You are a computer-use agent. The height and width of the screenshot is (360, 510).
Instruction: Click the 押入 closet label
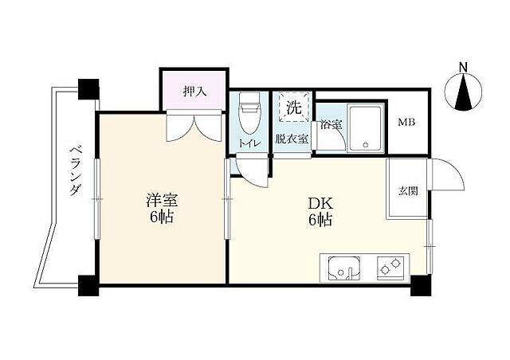194,92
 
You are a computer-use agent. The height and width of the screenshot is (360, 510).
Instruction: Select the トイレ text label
248,143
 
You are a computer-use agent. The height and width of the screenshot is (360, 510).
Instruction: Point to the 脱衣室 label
291,139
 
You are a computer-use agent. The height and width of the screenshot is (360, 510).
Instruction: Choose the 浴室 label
331,125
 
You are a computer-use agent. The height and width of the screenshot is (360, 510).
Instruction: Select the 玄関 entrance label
406,190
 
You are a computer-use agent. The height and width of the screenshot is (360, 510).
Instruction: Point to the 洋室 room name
159,199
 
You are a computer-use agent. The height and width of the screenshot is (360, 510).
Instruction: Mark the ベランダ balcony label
75,171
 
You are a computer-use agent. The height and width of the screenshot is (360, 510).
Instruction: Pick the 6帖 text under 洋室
159,218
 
